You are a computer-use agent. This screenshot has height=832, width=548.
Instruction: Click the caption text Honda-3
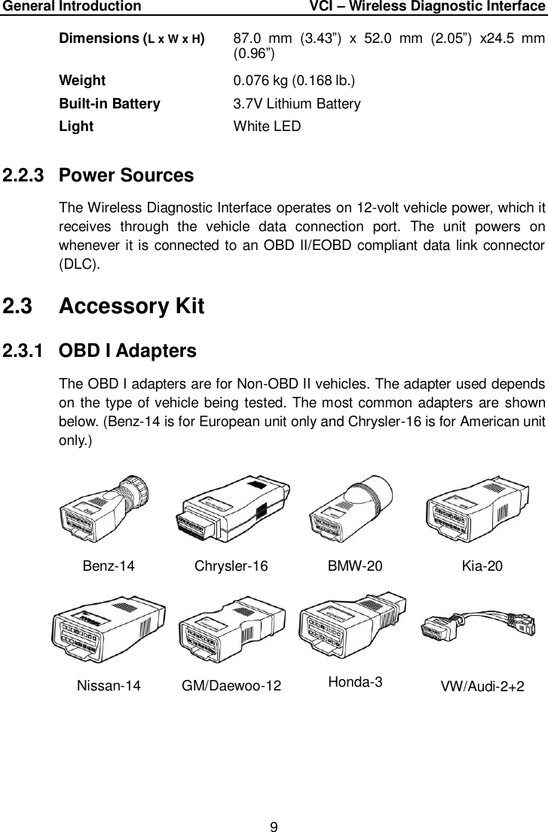click(x=356, y=682)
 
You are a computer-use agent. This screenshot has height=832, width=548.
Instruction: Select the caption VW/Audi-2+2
click(x=482, y=686)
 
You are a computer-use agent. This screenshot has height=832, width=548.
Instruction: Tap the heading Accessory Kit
click(x=131, y=307)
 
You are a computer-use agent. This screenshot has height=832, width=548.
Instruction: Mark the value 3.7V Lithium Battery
click(x=297, y=104)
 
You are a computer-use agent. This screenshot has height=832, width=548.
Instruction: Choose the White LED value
click(x=267, y=126)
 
